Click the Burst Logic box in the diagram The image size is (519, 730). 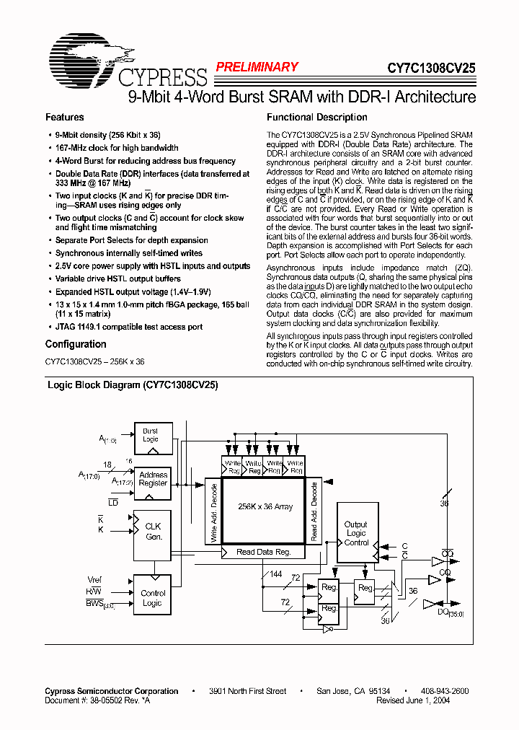point(150,436)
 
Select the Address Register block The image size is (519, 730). point(153,480)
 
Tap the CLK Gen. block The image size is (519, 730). point(153,532)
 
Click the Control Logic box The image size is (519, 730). point(153,598)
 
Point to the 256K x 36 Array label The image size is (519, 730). point(265,507)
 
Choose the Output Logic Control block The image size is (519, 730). point(356,534)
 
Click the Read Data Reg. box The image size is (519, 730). point(263,553)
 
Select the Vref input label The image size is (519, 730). point(94,580)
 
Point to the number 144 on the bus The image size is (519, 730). point(275,574)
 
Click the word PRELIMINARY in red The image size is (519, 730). point(257,67)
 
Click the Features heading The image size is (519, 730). point(65,117)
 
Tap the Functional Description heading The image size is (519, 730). point(317,117)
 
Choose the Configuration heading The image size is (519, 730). point(75,344)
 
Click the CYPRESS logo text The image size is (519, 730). point(161,76)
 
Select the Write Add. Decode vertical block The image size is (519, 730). point(213,512)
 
